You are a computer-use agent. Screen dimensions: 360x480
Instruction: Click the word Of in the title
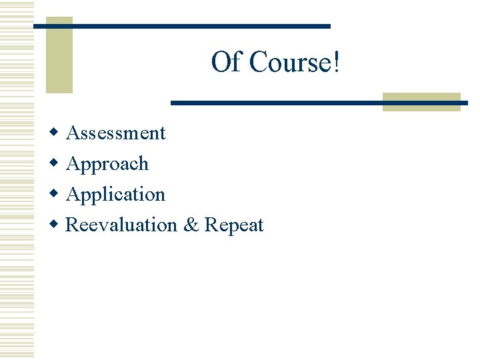[x=225, y=63]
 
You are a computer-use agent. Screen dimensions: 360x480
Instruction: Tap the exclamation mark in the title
[x=336, y=63]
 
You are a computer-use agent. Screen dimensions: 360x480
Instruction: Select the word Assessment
[x=116, y=133]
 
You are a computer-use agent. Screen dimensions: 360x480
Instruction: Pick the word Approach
[x=107, y=164]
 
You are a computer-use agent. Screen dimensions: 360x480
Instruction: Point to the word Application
[x=116, y=195]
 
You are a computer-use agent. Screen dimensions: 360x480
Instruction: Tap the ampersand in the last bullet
[x=191, y=225]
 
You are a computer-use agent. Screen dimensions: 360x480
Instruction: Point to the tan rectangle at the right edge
[x=422, y=102]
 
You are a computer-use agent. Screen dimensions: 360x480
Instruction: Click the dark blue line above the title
[x=181, y=26]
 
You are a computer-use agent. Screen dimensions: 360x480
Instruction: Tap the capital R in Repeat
[x=211, y=225]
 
